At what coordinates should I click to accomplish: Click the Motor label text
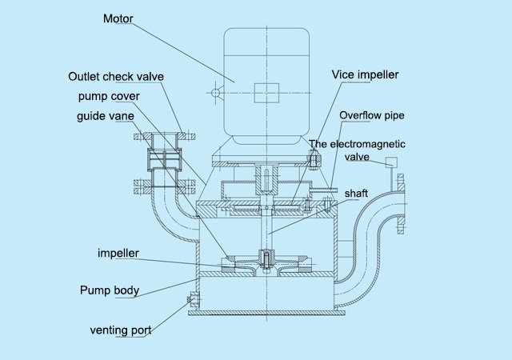[118, 18]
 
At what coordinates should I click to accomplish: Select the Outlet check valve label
[116, 77]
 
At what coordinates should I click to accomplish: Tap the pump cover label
[109, 96]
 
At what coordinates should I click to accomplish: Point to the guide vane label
[106, 116]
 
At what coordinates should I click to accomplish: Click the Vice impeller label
[365, 75]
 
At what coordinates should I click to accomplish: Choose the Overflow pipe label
[371, 115]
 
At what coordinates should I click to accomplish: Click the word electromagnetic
[368, 144]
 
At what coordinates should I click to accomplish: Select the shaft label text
[356, 194]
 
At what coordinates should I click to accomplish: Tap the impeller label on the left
[118, 253]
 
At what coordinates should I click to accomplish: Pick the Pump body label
[110, 290]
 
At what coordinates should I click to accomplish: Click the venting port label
[121, 330]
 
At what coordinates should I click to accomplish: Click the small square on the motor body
[266, 93]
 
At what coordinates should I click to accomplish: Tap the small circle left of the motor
[215, 93]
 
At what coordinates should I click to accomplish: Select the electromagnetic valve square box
[391, 162]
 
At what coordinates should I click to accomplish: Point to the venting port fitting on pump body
[193, 299]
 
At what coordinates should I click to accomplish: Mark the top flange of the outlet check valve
[165, 136]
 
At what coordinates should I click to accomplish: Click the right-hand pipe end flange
[401, 204]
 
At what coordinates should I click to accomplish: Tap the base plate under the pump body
[266, 313]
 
